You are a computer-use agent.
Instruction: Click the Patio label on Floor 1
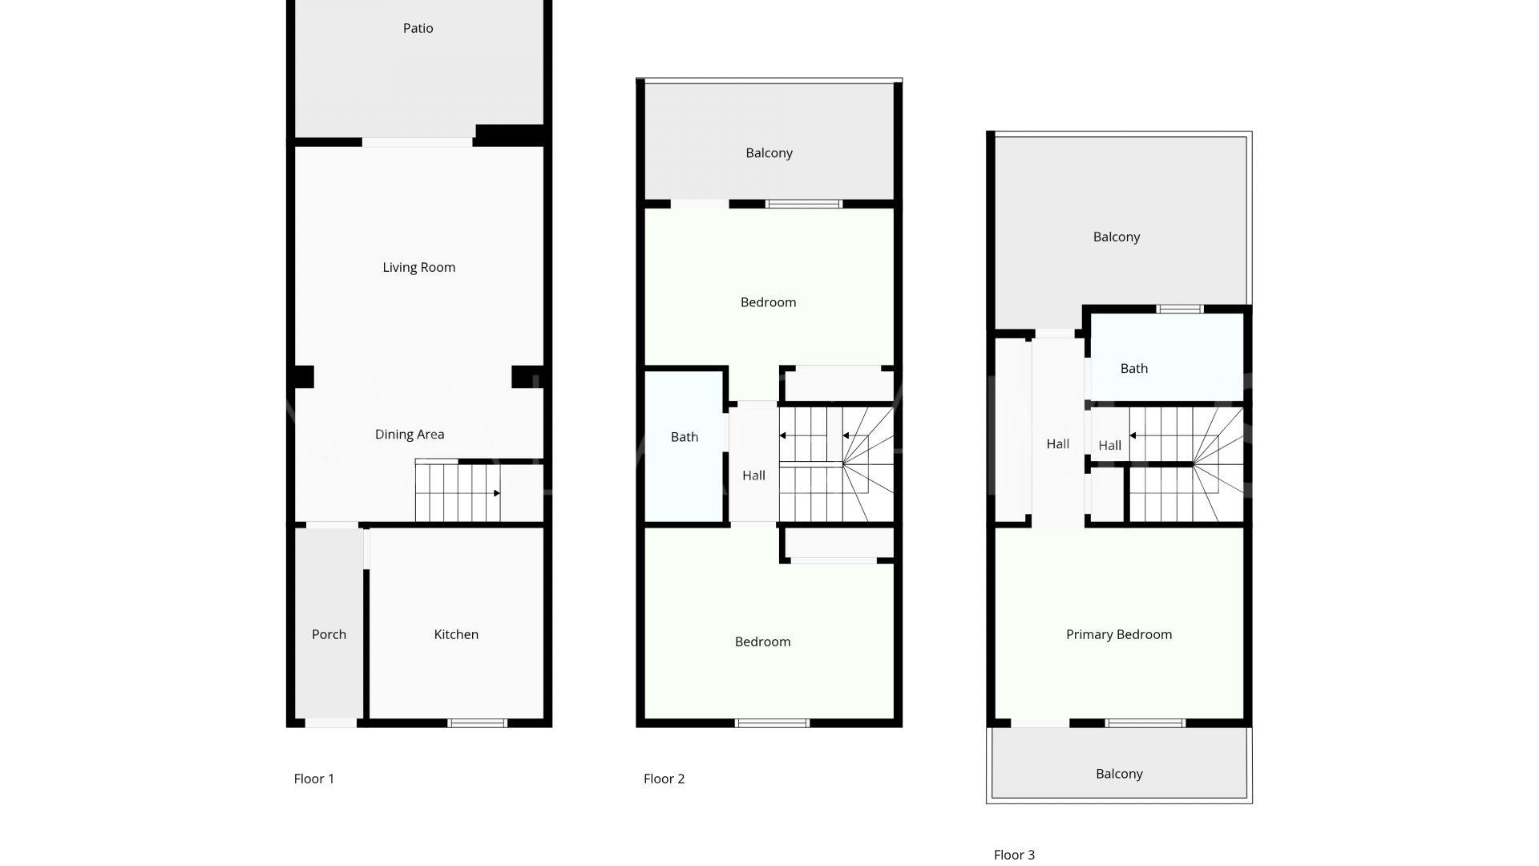pyautogui.click(x=418, y=28)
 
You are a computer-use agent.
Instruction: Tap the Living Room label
pyautogui.click(x=418, y=267)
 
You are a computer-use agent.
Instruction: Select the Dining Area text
pyautogui.click(x=410, y=435)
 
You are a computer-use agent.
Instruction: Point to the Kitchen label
pyautogui.click(x=456, y=634)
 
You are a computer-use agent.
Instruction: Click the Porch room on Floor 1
pyautogui.click(x=329, y=624)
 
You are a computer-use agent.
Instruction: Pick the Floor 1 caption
pyautogui.click(x=314, y=779)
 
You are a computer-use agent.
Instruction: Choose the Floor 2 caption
pyautogui.click(x=664, y=779)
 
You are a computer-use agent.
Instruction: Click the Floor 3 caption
pyautogui.click(x=1014, y=855)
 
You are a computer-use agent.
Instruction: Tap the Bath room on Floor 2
pyautogui.click(x=685, y=446)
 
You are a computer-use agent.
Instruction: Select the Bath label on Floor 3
pyautogui.click(x=1133, y=369)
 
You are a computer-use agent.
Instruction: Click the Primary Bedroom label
pyautogui.click(x=1119, y=634)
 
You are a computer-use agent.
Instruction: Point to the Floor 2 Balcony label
pyautogui.click(x=769, y=153)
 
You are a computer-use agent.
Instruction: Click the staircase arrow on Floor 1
pyautogui.click(x=496, y=493)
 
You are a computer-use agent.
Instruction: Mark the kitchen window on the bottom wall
pyautogui.click(x=477, y=723)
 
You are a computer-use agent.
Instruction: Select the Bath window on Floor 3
pyautogui.click(x=1180, y=309)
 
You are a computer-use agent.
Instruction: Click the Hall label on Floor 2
pyautogui.click(x=753, y=475)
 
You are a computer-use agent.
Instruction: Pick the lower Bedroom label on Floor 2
pyautogui.click(x=763, y=641)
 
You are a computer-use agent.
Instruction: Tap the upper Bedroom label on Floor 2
pyautogui.click(x=769, y=302)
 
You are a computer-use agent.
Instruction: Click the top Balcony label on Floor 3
pyautogui.click(x=1117, y=237)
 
